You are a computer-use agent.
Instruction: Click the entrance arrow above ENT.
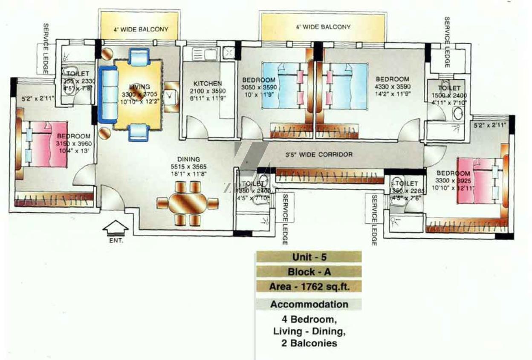pyautogui.click(x=116, y=228)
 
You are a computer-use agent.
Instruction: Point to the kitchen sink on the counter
pyautogui.click(x=205, y=54)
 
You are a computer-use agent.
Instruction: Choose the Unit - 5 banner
pyautogui.click(x=308, y=257)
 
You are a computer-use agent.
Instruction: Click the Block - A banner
pyautogui.click(x=308, y=272)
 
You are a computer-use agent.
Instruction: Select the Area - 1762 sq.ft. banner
pyautogui.click(x=308, y=286)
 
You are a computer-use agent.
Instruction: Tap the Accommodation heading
pyautogui.click(x=308, y=304)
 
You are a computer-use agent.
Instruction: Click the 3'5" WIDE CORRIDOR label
pyautogui.click(x=319, y=154)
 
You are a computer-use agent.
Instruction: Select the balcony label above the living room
pyautogui.click(x=141, y=30)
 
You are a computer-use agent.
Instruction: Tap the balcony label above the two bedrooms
pyautogui.click(x=323, y=27)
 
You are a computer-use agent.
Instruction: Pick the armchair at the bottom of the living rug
pyautogui.click(x=139, y=132)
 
